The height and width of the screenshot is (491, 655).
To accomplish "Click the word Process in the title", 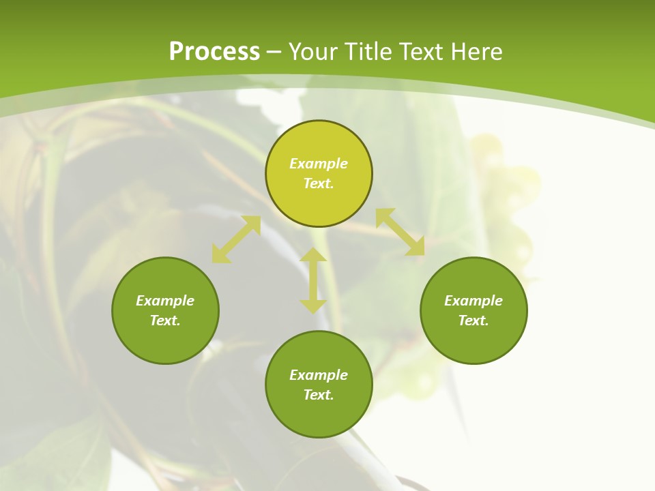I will (x=214, y=52).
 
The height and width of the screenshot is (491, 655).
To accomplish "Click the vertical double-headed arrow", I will (x=313, y=280).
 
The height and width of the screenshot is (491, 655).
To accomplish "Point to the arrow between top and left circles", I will (x=236, y=239).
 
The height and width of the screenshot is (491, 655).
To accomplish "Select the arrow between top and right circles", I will (x=400, y=232).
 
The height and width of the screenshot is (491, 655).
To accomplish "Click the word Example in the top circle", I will (x=319, y=164).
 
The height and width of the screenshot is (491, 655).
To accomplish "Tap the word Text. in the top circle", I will (x=319, y=183).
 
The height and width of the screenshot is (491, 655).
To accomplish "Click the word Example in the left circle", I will (x=165, y=301).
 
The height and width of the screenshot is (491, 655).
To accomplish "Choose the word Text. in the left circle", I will (x=165, y=321).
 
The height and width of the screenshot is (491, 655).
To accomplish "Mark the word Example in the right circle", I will (x=474, y=301).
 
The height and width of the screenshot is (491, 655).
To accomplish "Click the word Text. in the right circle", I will (x=474, y=321).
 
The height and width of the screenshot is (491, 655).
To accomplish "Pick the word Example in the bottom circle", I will (x=319, y=375).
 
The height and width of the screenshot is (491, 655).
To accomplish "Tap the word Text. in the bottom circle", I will (x=319, y=395).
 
